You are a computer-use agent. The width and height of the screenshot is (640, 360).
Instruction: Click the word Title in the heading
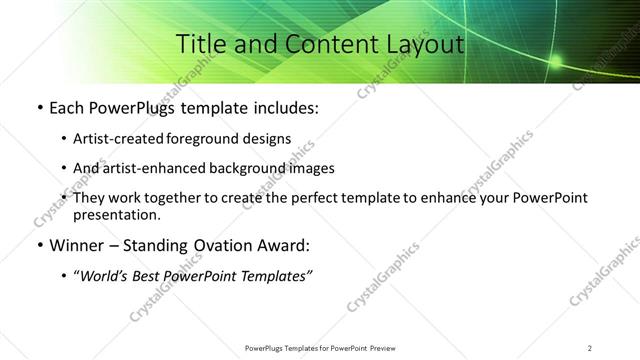(199, 44)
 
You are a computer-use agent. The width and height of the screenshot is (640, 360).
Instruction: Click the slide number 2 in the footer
(590, 347)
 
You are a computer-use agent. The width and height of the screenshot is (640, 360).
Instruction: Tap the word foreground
(204, 139)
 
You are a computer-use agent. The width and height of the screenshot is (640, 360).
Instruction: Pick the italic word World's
(105, 276)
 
